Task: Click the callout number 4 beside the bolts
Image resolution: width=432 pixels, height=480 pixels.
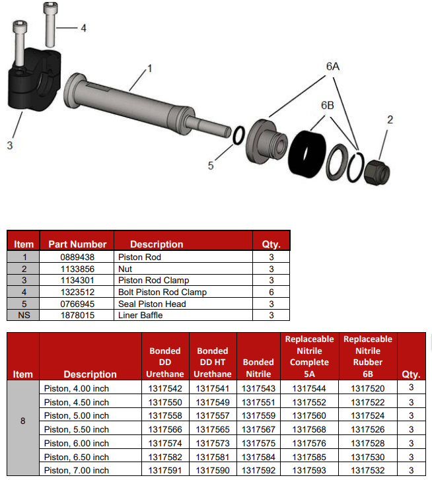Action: point(83,28)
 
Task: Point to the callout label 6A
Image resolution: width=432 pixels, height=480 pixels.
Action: point(332,67)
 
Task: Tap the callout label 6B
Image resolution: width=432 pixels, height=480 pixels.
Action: point(328,106)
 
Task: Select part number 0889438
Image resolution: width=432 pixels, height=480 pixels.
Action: point(77,257)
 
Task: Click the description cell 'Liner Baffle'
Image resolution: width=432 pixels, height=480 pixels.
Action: point(140,316)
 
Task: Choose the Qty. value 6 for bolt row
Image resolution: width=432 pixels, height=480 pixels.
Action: point(271,292)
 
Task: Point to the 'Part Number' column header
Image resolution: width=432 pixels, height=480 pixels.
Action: point(77,244)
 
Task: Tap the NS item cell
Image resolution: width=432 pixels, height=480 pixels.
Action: point(23,316)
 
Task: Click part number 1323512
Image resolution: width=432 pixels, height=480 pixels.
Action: point(77,292)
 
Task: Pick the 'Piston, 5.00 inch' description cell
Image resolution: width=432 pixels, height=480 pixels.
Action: point(76,416)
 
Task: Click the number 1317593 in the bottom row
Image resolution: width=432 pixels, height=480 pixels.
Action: point(309,470)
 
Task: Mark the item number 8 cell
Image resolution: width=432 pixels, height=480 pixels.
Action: point(23,420)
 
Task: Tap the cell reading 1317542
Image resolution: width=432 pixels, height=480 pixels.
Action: point(165,389)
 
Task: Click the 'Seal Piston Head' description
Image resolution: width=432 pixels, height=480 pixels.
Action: point(152,304)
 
